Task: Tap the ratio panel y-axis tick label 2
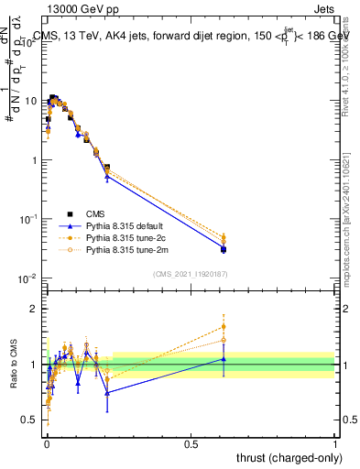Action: [36, 309]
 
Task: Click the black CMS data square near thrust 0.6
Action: [224, 249]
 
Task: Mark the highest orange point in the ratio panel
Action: [224, 326]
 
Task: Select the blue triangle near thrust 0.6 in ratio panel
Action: [224, 359]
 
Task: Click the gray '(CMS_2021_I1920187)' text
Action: [191, 274]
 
